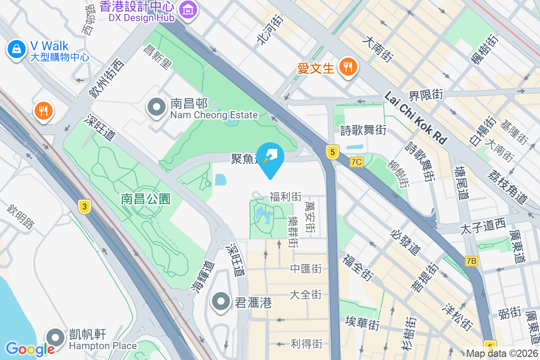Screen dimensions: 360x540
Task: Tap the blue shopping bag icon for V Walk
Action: (x=16, y=49)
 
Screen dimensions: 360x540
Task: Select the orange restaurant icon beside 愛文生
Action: (x=347, y=67)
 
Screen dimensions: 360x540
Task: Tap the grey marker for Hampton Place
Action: (x=56, y=337)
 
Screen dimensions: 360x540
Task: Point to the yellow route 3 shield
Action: (x=84, y=207)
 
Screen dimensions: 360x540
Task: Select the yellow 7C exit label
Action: (x=356, y=162)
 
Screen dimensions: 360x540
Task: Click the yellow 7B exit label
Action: (x=472, y=261)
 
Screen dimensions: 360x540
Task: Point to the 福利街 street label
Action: (x=285, y=197)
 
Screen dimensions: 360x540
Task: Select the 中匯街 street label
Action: (x=306, y=269)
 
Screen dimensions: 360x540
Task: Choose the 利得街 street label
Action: (x=306, y=344)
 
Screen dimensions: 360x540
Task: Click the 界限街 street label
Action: (x=426, y=95)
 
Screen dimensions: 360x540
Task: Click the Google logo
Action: (x=30, y=349)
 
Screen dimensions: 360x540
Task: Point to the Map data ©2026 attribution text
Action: (x=501, y=354)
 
